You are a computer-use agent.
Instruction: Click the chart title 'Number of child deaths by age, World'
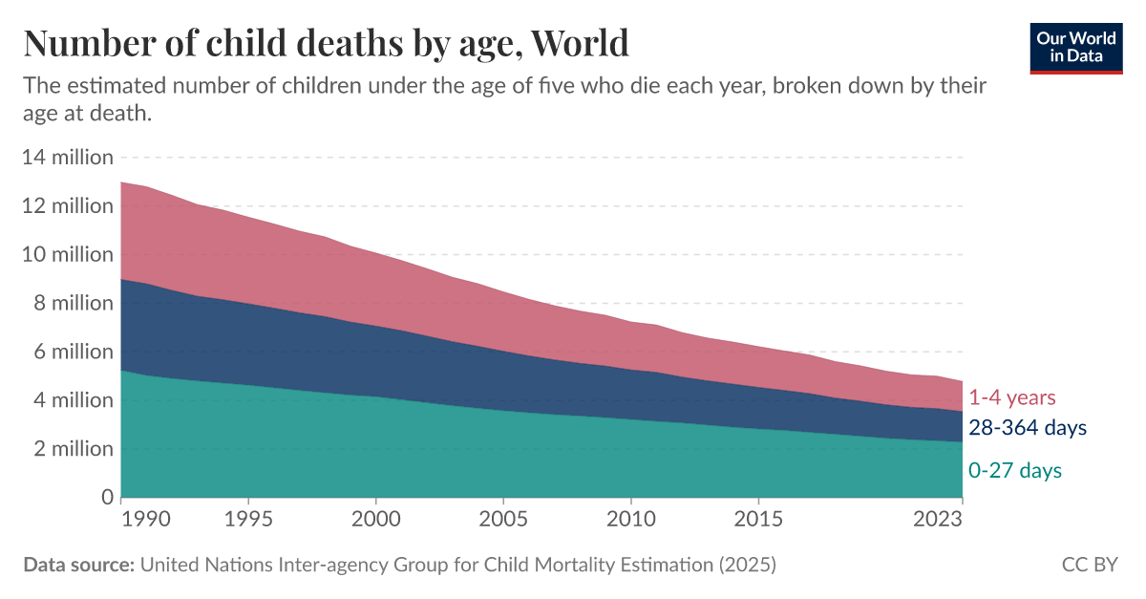[326, 44]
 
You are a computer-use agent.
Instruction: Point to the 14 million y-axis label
[67, 157]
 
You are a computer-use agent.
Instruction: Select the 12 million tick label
[67, 205]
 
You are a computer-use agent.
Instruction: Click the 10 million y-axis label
[67, 254]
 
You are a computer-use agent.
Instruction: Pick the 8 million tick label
[73, 303]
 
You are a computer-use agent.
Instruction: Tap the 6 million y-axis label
[73, 352]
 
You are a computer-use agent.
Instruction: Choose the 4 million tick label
[73, 400]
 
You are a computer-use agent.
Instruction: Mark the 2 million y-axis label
[73, 449]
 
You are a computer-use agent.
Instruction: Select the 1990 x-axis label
[146, 520]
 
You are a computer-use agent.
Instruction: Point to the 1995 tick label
[248, 520]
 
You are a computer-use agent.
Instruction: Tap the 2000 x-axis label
[376, 520]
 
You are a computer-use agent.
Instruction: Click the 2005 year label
[503, 520]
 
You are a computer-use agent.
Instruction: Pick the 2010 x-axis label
[631, 520]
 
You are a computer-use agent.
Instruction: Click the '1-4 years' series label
[1012, 397]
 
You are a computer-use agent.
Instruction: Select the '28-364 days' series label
[1028, 428]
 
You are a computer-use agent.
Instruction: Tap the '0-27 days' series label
[1015, 470]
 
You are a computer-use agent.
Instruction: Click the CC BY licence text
[1090, 565]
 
